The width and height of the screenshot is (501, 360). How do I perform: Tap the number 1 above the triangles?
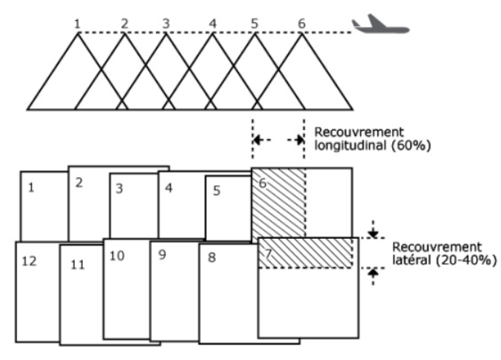77,24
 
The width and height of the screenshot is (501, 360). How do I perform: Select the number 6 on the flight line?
301,24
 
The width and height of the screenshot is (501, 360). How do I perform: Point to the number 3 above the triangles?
166,24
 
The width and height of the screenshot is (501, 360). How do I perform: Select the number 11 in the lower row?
78,265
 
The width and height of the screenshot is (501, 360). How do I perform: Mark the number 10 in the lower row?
116,256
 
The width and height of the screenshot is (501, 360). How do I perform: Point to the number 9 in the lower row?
162,256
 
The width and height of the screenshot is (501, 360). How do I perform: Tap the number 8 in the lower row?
211,258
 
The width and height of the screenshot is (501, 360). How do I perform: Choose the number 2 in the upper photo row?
79,182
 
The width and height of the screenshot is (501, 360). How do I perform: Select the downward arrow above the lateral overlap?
372,232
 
